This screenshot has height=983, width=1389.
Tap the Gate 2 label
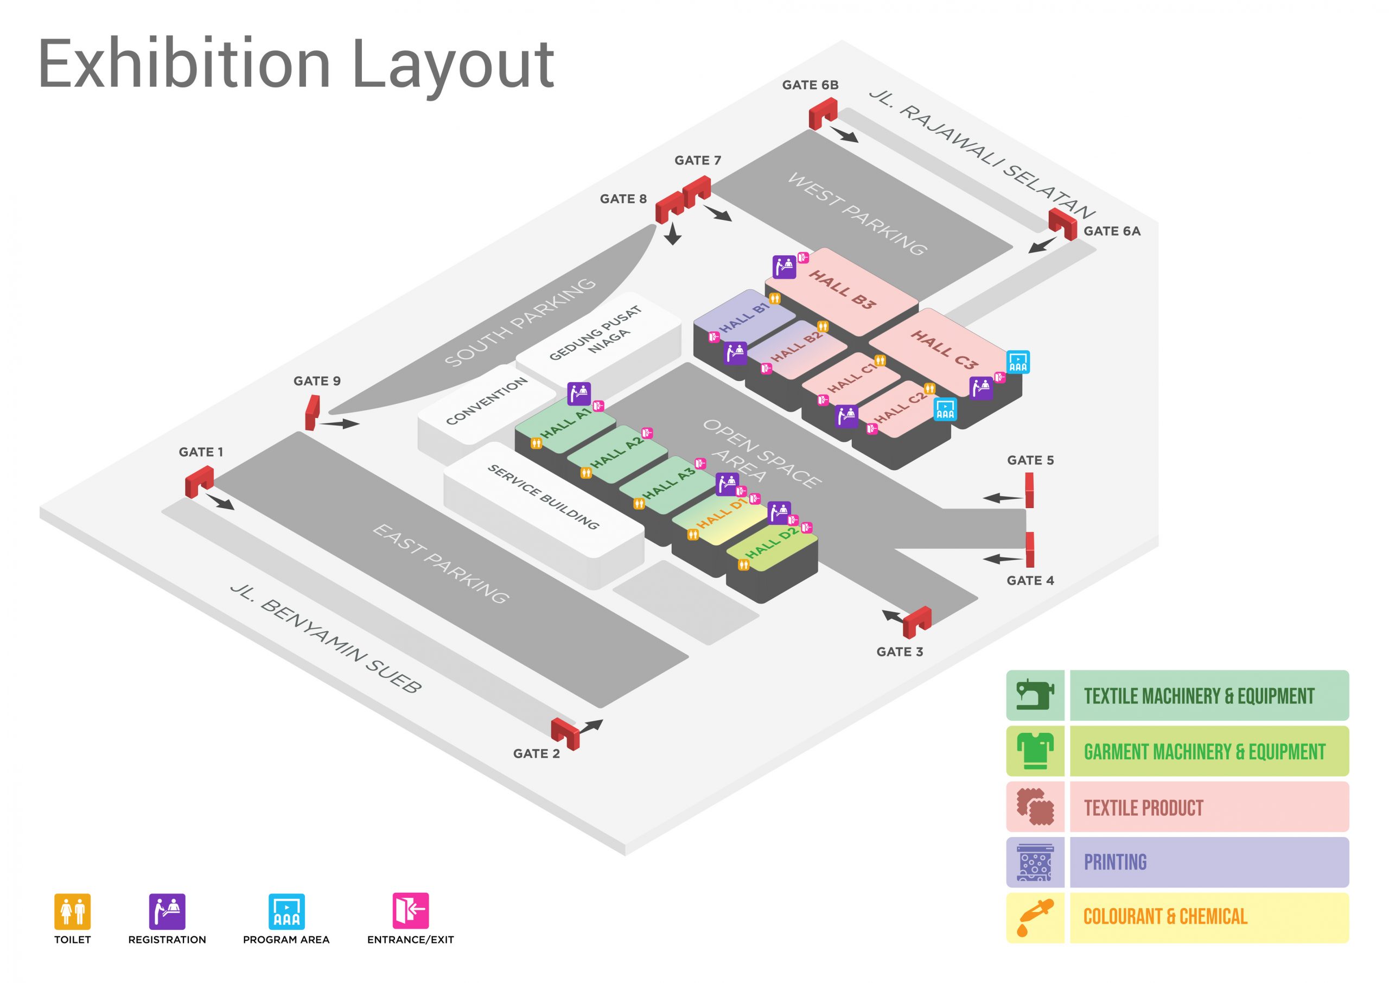click(x=536, y=753)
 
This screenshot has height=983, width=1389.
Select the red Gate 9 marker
click(x=312, y=413)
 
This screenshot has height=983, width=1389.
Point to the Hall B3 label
click(x=842, y=289)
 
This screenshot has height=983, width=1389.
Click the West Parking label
click(x=857, y=214)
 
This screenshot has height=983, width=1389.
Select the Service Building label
click(x=543, y=497)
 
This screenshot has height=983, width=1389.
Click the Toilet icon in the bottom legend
click(x=73, y=911)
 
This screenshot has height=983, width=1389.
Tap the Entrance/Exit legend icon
click(x=410, y=910)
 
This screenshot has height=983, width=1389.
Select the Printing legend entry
click(x=1115, y=862)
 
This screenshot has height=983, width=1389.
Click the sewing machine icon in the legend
click(x=1035, y=695)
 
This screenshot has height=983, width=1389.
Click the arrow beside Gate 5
click(x=1002, y=498)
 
